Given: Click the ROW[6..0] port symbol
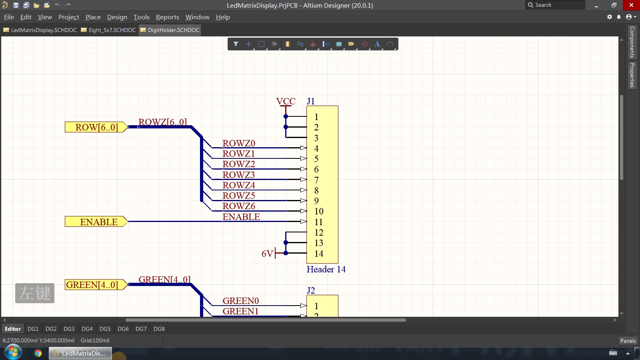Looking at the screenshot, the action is (96, 127).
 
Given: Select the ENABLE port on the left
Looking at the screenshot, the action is (96, 222).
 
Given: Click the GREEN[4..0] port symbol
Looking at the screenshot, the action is (96, 285).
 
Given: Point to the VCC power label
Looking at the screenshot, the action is (286, 102).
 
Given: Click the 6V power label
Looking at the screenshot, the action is (268, 254).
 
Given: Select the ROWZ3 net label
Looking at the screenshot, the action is (238, 174).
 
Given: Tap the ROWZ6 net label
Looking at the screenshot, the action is (238, 206).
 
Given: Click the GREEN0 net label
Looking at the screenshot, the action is (240, 301).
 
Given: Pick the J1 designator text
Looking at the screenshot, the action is (310, 102).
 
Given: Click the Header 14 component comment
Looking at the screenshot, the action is (326, 270).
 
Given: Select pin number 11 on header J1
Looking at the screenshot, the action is (318, 222).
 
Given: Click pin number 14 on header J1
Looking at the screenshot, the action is (319, 254).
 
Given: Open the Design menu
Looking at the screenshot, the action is (117, 17).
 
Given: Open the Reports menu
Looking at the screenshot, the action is (168, 17).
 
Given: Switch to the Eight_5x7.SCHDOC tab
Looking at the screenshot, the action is (108, 30).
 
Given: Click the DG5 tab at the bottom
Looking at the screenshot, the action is (105, 329).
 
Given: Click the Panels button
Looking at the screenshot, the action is (628, 340).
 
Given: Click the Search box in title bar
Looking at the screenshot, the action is (555, 5).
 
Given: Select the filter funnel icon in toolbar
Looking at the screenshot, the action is (236, 44).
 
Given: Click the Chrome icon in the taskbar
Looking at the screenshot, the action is (38, 354).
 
